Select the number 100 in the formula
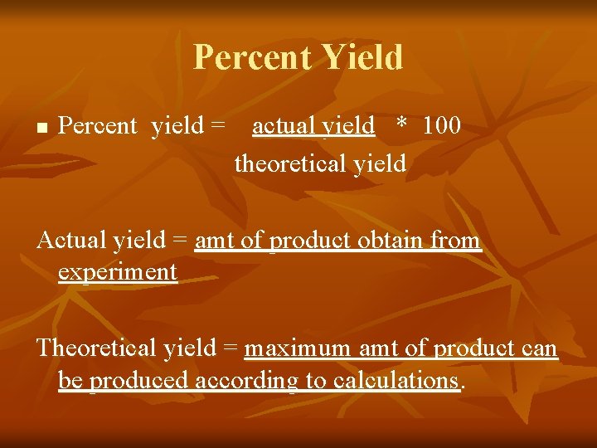point(441,126)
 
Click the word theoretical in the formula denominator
point(291,164)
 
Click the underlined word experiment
point(118,272)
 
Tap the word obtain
point(391,241)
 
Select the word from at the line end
point(457,241)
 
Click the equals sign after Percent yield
point(217,126)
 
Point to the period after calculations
point(462,386)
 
